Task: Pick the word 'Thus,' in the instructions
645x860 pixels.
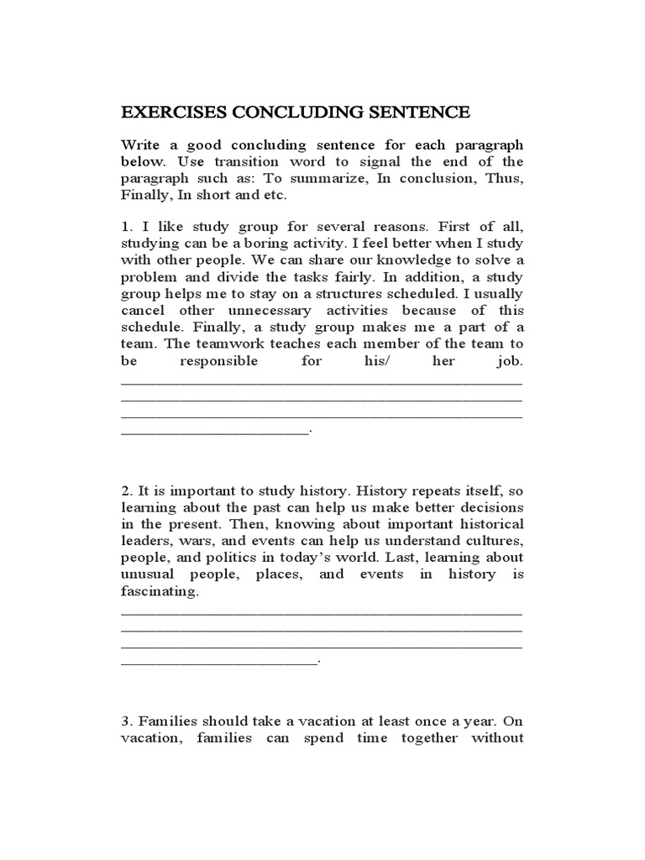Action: pos(502,178)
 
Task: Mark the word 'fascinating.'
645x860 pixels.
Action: pos(161,591)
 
